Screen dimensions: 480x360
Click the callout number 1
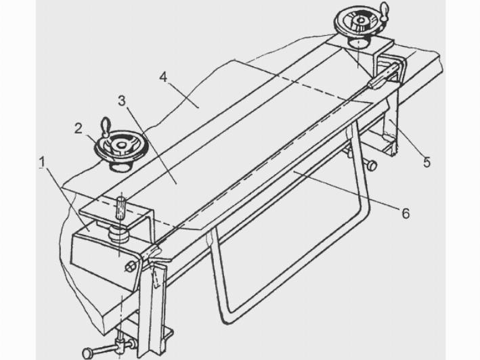(42, 162)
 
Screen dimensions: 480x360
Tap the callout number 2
(79, 129)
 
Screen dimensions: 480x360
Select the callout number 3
(122, 101)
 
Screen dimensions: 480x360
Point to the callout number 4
(163, 77)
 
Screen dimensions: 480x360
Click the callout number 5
(427, 162)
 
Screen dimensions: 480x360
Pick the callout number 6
(406, 213)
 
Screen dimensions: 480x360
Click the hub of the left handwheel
(121, 145)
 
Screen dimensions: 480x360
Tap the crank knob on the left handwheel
(106, 126)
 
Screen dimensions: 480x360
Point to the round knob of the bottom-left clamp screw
(87, 353)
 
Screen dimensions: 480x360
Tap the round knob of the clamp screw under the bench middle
(372, 165)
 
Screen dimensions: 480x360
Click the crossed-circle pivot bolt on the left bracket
(130, 267)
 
